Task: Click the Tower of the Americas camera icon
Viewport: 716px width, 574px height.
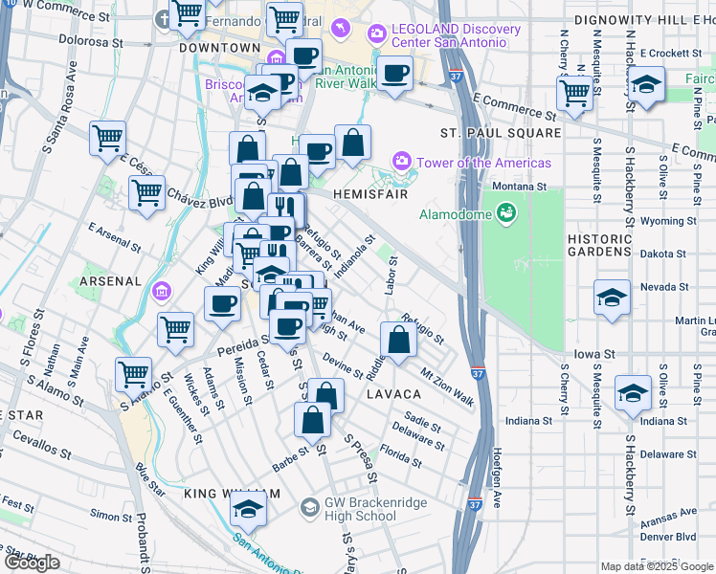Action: click(401, 162)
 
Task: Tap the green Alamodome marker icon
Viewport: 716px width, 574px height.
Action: click(505, 212)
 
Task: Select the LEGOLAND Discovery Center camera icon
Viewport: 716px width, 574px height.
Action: click(376, 35)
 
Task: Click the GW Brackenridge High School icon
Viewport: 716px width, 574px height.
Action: click(309, 507)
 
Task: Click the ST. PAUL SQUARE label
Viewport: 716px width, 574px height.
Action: click(501, 132)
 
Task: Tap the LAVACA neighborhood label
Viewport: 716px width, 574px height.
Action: click(392, 394)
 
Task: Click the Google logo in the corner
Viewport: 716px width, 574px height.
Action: click(32, 563)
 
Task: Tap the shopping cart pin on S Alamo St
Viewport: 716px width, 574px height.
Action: click(134, 373)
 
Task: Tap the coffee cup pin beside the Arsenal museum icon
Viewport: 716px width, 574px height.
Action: click(223, 303)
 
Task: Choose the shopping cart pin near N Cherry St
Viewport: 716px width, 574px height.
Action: click(574, 93)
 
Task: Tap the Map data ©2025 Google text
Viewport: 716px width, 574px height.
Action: click(656, 566)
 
